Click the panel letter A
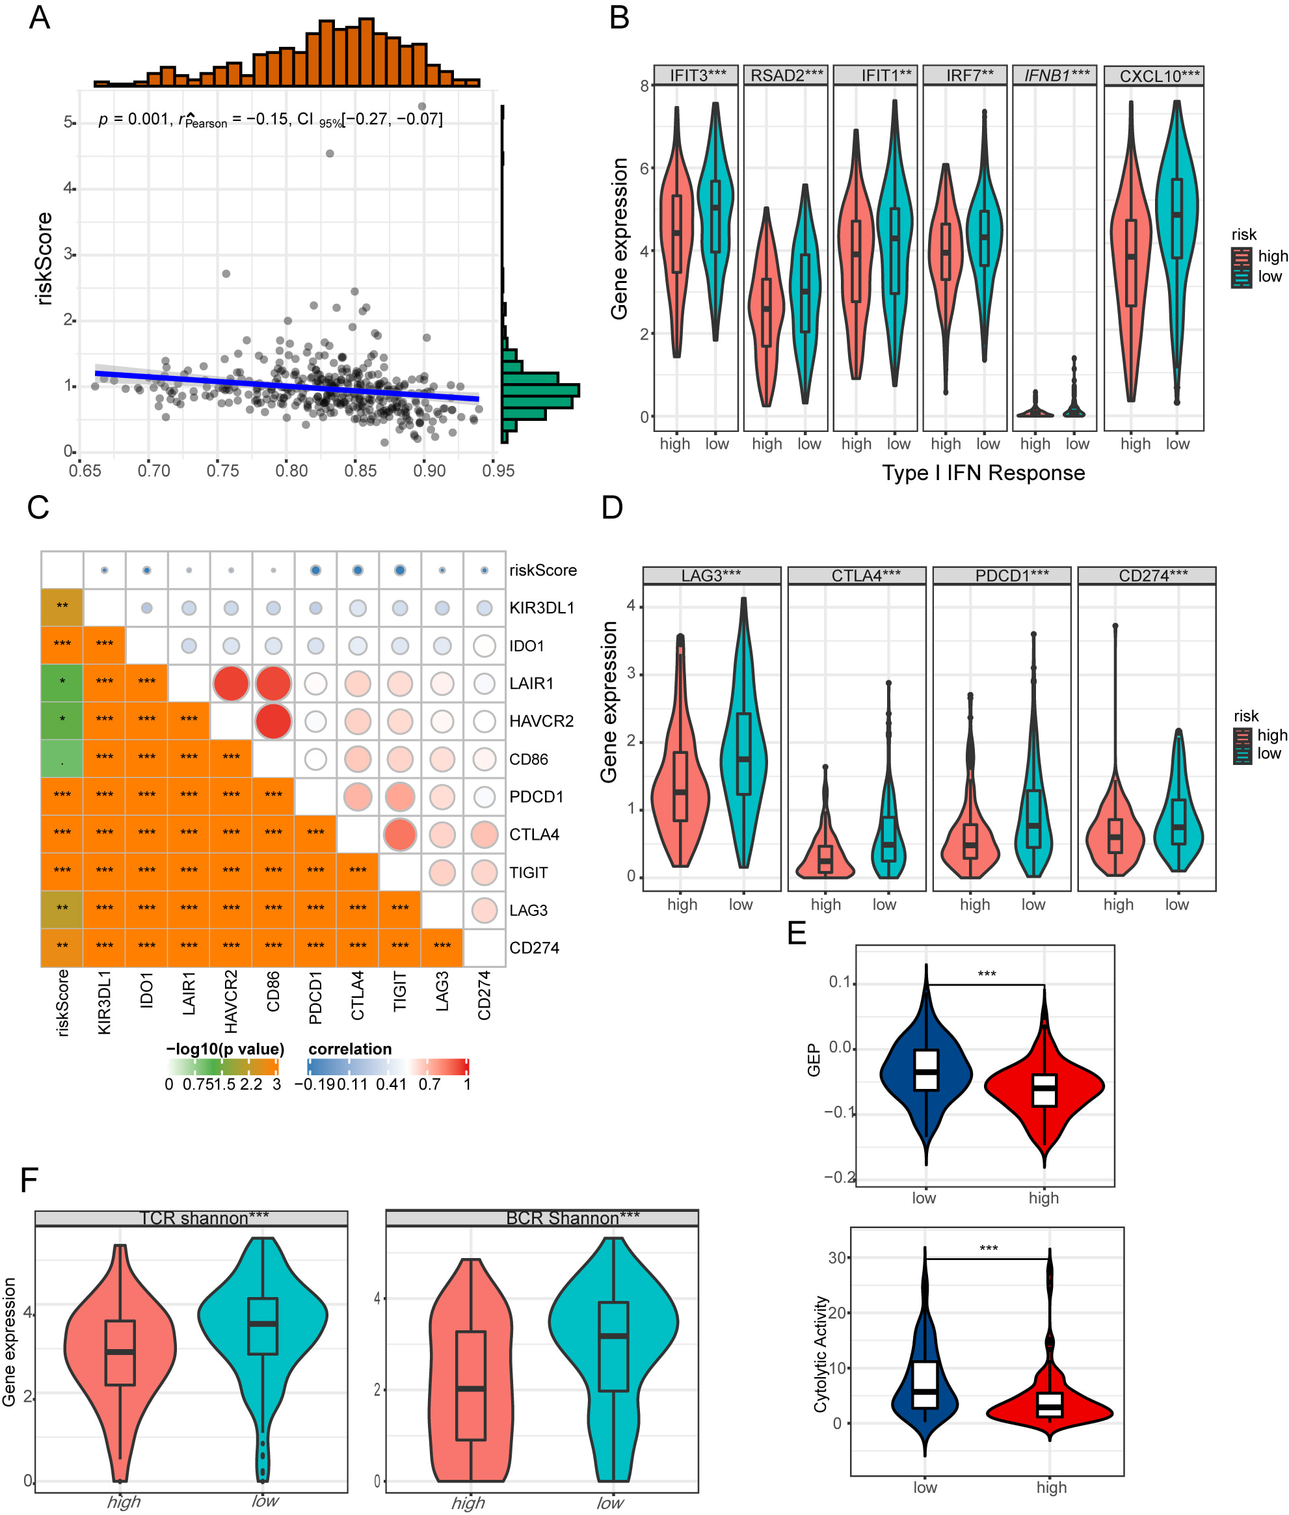40,18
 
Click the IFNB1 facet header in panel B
1056,75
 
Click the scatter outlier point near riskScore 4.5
330,154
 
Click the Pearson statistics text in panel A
271,119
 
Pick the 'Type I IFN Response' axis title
983,473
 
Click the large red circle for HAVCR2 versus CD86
273,721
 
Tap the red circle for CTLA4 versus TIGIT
400,835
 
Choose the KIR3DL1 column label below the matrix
105,1002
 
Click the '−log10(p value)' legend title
225,1049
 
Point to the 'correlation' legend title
350,1049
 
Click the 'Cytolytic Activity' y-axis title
821,1354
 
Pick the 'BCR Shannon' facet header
572,1218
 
